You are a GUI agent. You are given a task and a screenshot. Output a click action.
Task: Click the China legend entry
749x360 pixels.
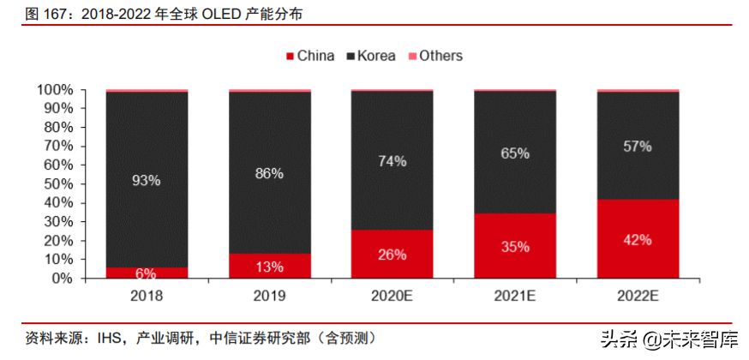point(309,56)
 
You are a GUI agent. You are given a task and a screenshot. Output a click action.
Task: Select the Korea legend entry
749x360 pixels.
point(370,56)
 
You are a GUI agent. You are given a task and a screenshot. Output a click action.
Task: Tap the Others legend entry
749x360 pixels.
point(434,56)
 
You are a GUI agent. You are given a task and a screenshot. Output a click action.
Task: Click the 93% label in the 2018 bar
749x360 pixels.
point(147,181)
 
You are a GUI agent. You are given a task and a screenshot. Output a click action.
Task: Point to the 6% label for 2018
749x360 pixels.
point(147,273)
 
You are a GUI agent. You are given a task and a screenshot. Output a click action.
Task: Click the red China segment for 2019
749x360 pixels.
point(269,266)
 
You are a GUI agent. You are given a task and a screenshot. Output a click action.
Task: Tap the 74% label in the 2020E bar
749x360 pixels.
point(392,161)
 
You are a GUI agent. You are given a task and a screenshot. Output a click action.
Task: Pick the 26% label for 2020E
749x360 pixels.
point(392,255)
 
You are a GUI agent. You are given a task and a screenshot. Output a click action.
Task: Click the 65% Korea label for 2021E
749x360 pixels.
point(514,153)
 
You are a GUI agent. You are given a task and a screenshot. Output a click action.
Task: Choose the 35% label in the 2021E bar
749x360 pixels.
point(514,247)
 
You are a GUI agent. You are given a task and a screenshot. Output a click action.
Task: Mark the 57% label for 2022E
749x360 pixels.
point(638,146)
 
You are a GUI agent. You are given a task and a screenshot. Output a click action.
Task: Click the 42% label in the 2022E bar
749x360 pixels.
point(638,240)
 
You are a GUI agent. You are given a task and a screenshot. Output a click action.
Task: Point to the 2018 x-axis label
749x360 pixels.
point(147,296)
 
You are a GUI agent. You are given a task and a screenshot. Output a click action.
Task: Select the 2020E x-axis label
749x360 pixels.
point(392,296)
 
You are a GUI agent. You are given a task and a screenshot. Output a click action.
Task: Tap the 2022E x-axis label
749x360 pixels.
point(638,296)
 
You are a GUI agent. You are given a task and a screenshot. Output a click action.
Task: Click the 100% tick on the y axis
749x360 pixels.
point(55,90)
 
